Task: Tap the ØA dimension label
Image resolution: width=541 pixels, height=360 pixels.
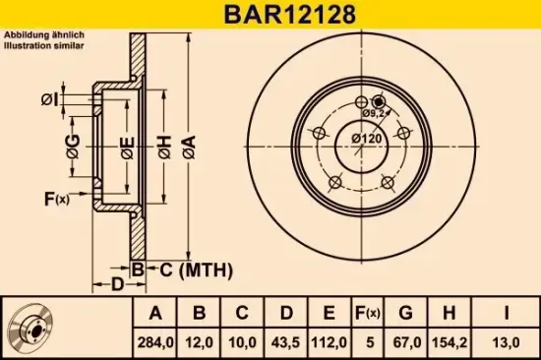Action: click(x=190, y=149)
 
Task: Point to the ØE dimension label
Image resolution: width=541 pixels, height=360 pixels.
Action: click(x=126, y=149)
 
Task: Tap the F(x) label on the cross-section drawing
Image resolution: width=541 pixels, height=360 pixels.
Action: click(x=57, y=200)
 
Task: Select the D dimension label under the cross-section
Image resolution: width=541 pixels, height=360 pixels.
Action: click(x=116, y=285)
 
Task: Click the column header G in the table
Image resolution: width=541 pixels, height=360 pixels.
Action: click(x=405, y=314)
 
